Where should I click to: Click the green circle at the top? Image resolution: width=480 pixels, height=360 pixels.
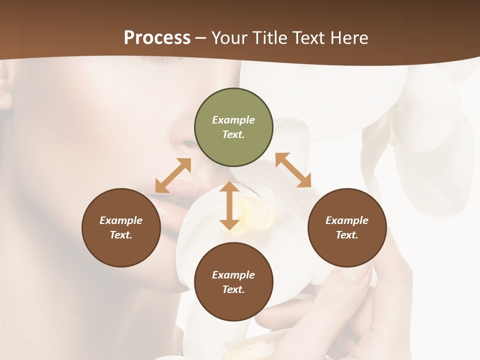click(x=233, y=127)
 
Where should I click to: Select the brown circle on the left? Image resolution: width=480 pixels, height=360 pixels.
click(x=121, y=227)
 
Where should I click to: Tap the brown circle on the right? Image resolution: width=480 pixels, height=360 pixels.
click(x=347, y=227)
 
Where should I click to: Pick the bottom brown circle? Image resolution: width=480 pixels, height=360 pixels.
click(x=233, y=282)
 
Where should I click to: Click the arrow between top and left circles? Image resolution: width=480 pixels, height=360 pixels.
click(x=173, y=175)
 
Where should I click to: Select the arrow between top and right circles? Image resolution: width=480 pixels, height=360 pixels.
click(x=293, y=170)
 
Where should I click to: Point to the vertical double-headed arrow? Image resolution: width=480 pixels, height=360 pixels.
click(x=229, y=205)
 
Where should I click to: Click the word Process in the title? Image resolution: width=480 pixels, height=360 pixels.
click(x=157, y=37)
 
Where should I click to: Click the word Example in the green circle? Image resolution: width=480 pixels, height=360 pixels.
click(x=233, y=120)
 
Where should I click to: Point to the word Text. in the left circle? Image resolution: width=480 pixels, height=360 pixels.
click(x=121, y=235)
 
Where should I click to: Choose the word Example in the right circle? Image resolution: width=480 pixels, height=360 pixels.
click(x=347, y=220)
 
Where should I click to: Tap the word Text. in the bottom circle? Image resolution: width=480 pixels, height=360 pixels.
click(x=233, y=289)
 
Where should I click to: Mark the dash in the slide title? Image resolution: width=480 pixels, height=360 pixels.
click(x=201, y=38)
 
